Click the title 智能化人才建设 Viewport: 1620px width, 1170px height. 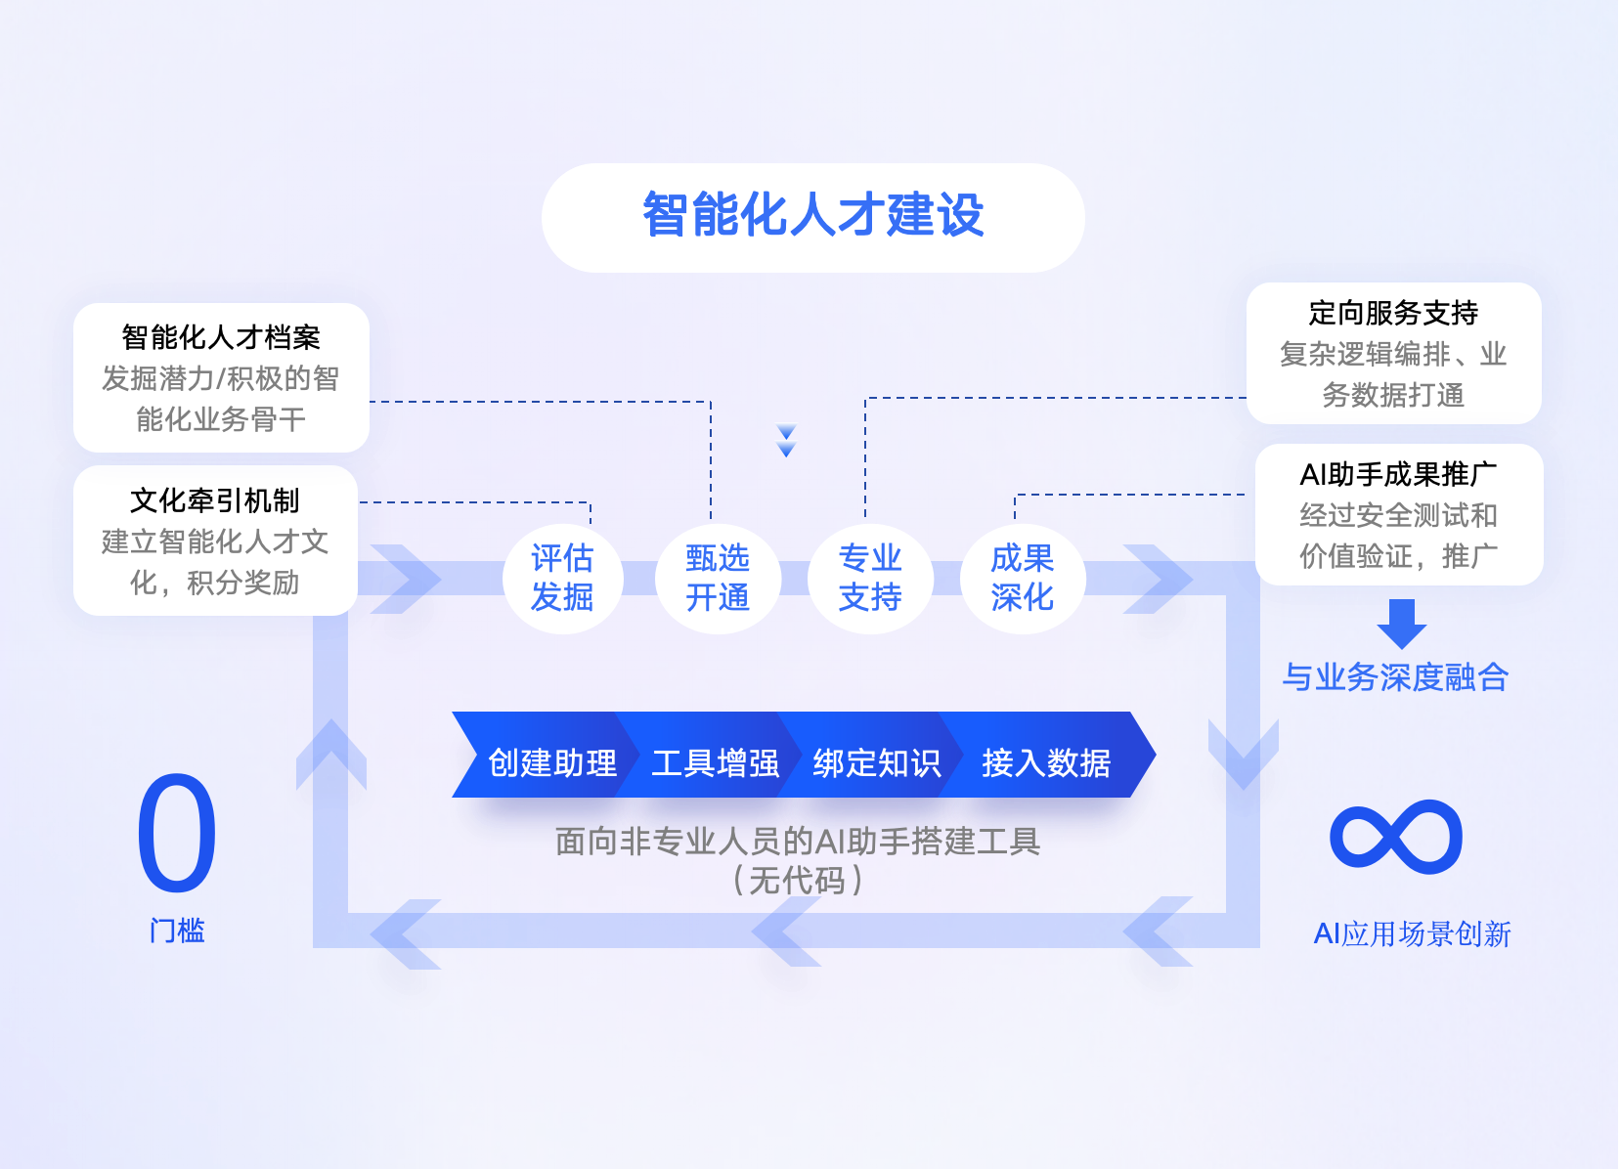812,216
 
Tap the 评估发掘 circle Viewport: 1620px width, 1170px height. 562,578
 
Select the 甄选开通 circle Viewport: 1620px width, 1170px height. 717,578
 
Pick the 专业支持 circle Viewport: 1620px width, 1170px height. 869,578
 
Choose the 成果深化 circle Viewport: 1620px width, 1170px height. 1022,578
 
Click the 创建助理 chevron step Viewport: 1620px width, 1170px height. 551,762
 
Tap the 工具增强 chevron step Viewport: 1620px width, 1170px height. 715,762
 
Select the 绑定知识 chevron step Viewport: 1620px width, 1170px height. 876,762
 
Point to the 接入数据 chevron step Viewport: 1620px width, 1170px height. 1045,762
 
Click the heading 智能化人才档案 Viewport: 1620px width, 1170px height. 221,337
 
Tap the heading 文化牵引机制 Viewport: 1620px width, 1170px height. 215,500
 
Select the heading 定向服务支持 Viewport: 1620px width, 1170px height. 1393,313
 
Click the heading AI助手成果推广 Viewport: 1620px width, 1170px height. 1398,474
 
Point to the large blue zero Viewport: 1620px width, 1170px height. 177,834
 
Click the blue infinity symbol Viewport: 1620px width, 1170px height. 1396,837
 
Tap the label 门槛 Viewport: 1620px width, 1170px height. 177,931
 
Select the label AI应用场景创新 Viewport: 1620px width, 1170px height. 1412,934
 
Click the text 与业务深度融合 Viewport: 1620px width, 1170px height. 1395,676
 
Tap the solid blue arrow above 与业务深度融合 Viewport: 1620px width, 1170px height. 1401,624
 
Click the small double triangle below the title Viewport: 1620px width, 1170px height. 786,441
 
